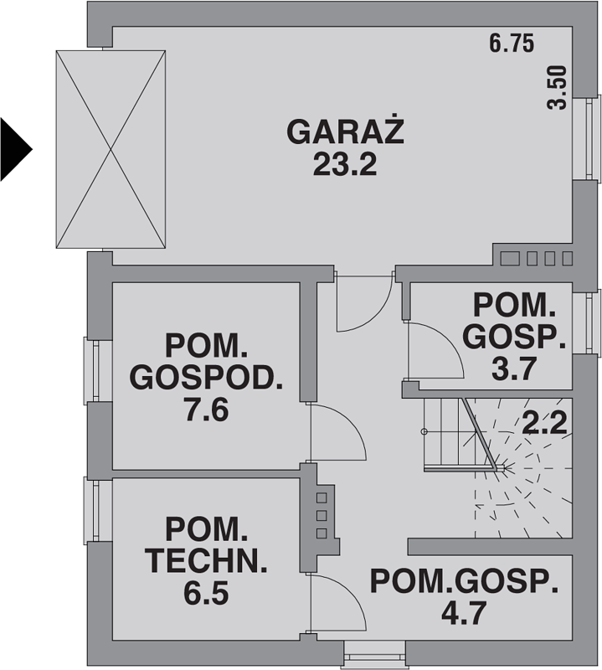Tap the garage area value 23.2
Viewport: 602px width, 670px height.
345,165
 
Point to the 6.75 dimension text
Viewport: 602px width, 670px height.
512,44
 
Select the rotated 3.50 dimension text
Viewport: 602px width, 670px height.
557,88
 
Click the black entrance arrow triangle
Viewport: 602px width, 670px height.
16,149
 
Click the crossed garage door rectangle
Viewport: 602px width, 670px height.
111,149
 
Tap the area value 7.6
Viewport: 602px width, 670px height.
207,410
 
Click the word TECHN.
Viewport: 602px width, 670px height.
206,561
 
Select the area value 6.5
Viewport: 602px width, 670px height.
206,594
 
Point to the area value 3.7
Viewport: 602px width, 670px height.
513,369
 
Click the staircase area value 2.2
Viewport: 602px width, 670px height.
545,423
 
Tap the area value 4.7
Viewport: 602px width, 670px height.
464,613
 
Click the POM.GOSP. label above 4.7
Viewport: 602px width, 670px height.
464,581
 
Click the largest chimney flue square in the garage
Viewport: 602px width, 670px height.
510,259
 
